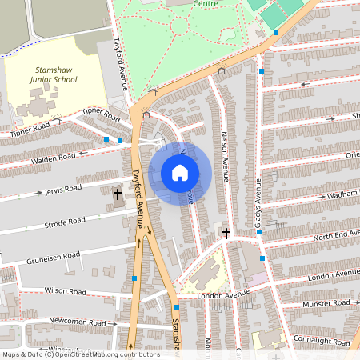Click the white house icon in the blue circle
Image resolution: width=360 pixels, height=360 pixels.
(180, 173)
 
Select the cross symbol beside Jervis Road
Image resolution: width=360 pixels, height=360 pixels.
(118, 194)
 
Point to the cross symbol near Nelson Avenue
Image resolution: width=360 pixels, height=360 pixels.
(226, 234)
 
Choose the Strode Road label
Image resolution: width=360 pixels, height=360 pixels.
(66, 222)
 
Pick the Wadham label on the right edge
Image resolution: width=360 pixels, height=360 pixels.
(342, 194)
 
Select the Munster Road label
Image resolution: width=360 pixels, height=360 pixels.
(326, 304)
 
